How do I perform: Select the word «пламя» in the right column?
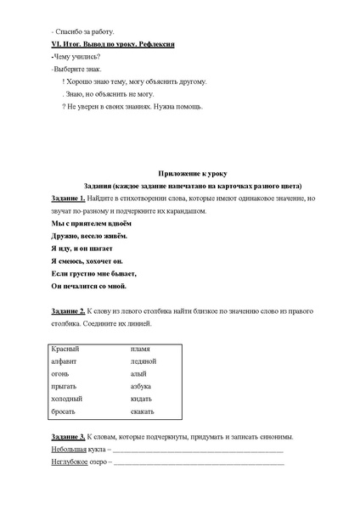pyautogui.click(x=140, y=349)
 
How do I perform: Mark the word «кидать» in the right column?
pyautogui.click(x=141, y=399)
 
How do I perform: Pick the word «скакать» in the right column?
pyautogui.click(x=143, y=411)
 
